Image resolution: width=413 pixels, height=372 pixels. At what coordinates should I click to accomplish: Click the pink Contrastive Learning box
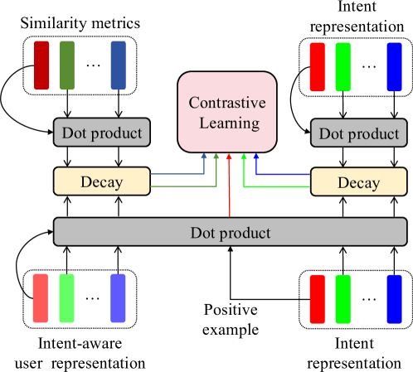(x=227, y=112)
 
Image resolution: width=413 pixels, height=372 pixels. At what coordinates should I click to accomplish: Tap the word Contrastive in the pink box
(x=227, y=104)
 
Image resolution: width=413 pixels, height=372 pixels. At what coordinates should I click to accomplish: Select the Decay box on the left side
(x=102, y=181)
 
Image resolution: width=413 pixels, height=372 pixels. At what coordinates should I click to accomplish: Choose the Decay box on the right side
(x=358, y=182)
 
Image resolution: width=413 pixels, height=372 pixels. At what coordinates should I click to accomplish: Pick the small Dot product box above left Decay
(x=102, y=133)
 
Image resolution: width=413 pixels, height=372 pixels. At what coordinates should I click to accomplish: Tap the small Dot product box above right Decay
(x=358, y=133)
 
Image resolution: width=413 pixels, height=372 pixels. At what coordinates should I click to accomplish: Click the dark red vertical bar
(x=41, y=65)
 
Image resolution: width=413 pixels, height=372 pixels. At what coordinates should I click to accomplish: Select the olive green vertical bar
(x=67, y=65)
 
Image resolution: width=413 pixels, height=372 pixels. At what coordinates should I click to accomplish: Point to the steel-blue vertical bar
(x=118, y=65)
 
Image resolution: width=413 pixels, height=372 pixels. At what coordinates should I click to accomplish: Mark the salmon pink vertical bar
(x=41, y=297)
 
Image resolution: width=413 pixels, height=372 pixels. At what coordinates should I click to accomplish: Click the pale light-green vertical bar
(x=66, y=297)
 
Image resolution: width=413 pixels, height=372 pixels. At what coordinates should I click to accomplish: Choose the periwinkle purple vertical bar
(x=118, y=297)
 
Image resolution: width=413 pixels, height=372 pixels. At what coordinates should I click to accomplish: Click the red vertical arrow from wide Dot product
(x=229, y=186)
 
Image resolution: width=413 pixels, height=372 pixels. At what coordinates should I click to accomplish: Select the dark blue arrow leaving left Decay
(x=178, y=174)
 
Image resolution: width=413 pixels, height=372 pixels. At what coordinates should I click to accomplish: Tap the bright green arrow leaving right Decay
(x=278, y=189)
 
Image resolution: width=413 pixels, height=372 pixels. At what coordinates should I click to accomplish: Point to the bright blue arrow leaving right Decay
(x=282, y=175)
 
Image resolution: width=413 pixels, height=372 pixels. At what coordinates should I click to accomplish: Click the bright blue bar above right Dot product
(x=394, y=67)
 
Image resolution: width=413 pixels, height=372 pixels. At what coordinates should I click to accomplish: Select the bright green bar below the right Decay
(x=343, y=298)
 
